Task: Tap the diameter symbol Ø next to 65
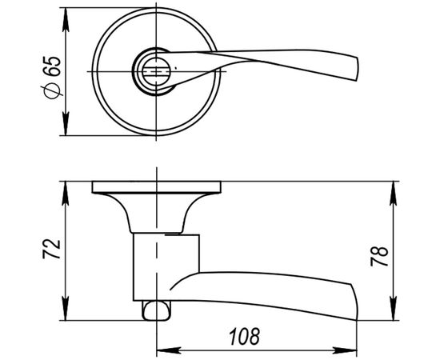point(54,93)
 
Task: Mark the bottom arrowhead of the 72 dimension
point(65,313)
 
